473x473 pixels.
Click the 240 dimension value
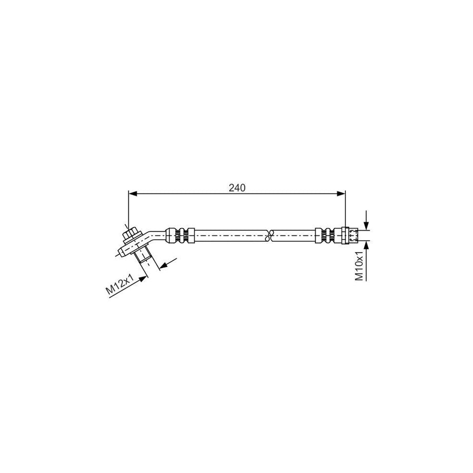(x=238, y=188)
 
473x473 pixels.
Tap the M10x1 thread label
(x=359, y=266)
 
